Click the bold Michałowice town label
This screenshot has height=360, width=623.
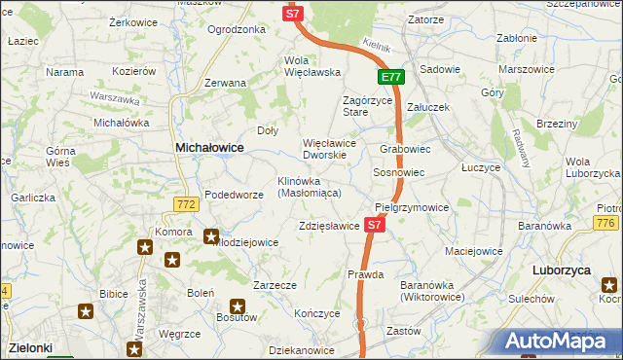[x=208, y=147]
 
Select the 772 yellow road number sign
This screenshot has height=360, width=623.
[x=188, y=203]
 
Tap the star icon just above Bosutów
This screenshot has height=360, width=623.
[x=237, y=306]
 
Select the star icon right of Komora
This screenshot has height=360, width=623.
[x=210, y=235]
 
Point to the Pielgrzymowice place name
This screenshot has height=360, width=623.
[x=412, y=208]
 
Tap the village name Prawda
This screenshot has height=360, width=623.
[x=367, y=275]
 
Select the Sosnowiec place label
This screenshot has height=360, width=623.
[x=398, y=172]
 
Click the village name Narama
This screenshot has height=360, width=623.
[x=64, y=72]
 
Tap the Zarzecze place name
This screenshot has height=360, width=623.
[x=274, y=286]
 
